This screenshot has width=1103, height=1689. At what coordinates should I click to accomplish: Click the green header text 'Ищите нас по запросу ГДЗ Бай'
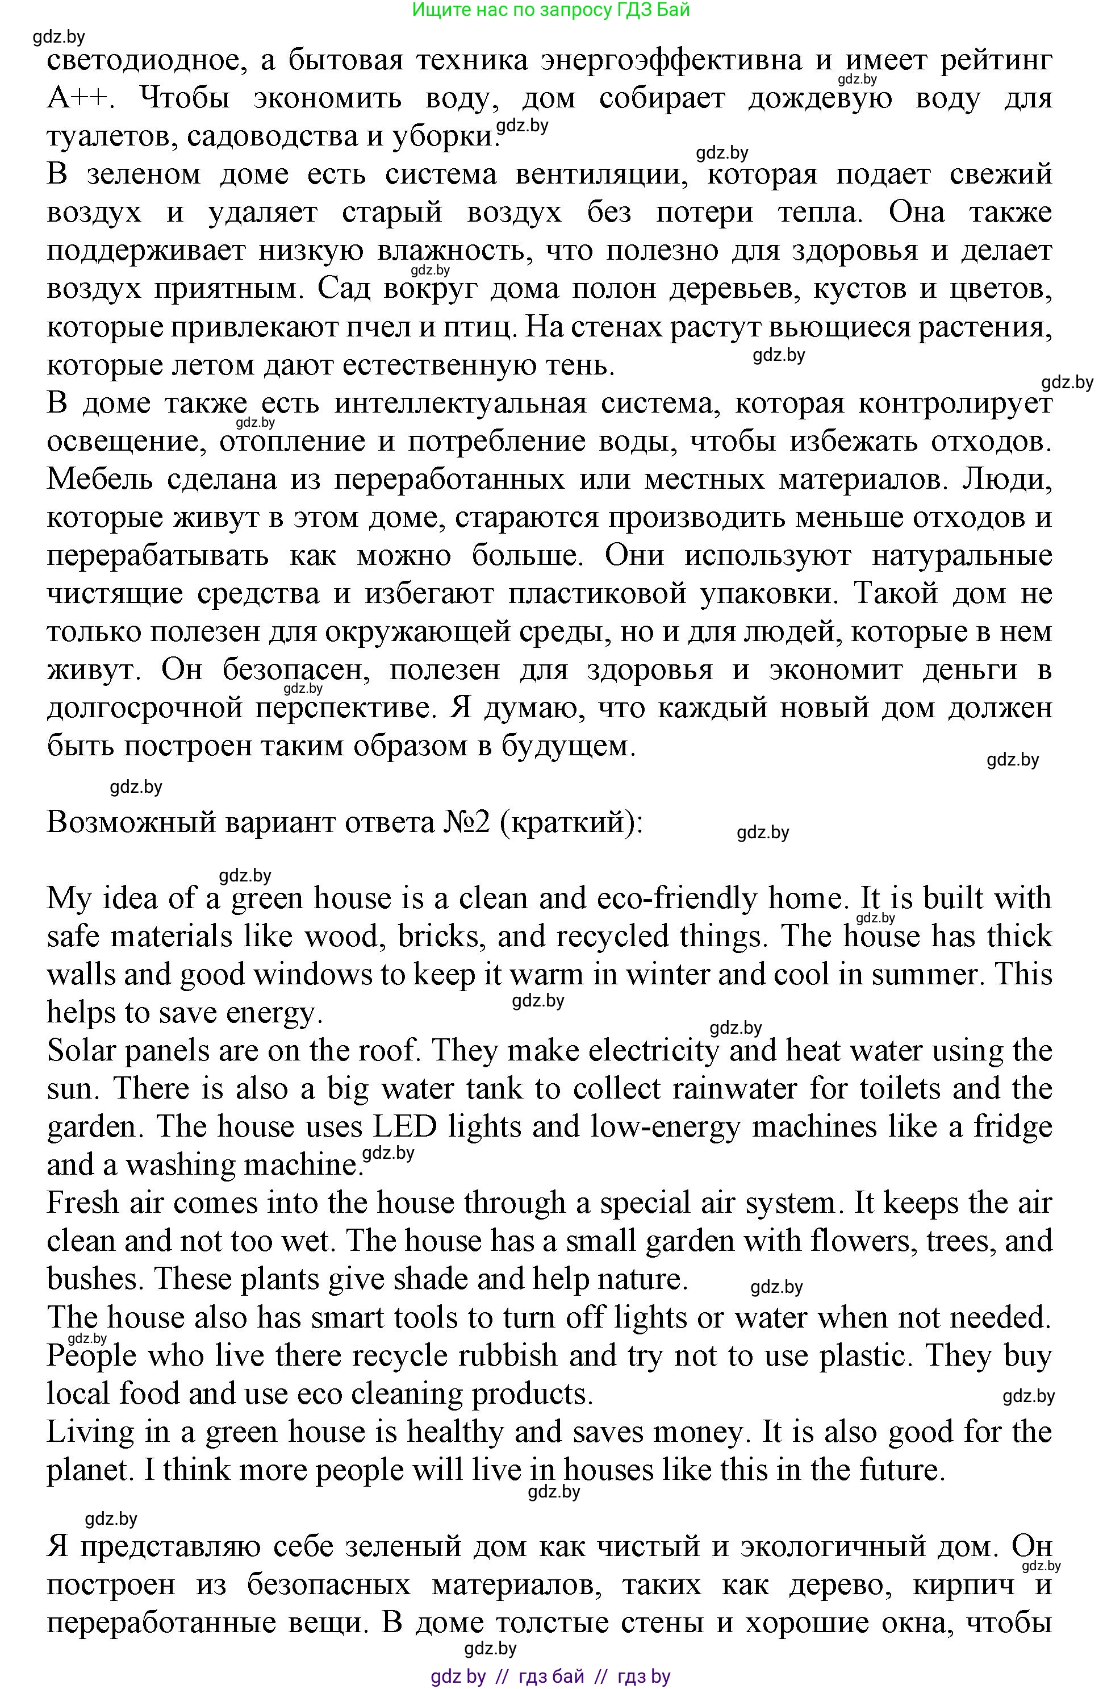pyautogui.click(x=550, y=10)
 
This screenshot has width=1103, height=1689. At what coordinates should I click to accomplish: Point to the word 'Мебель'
pyautogui.click(x=100, y=479)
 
